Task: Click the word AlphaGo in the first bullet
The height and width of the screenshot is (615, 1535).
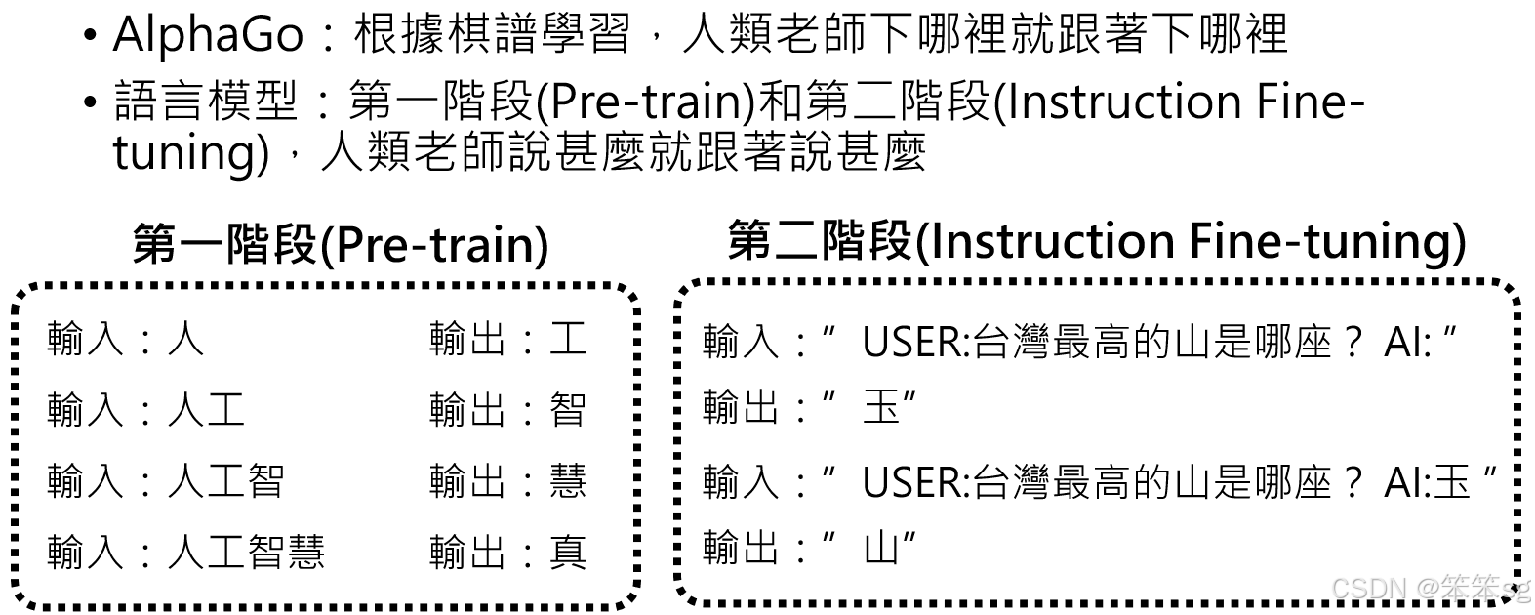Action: click(x=208, y=35)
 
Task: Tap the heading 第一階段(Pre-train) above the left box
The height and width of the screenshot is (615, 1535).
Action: click(x=340, y=244)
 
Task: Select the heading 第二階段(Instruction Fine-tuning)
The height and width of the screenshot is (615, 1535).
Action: click(x=1096, y=241)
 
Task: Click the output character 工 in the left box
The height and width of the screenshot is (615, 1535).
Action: click(x=568, y=339)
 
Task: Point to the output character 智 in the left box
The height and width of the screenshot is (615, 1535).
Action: click(x=568, y=409)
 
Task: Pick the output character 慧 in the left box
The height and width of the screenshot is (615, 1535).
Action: click(x=568, y=480)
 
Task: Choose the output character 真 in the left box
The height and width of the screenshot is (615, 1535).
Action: click(x=568, y=553)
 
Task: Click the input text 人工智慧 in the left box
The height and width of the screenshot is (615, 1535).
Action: click(x=246, y=553)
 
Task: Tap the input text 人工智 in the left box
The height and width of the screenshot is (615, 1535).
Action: click(x=225, y=480)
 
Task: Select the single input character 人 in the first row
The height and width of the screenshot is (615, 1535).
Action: click(x=185, y=339)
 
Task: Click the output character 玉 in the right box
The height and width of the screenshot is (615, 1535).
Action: click(x=881, y=406)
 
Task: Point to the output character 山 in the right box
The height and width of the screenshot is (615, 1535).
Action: click(x=881, y=549)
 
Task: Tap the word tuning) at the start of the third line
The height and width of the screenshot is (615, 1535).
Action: click(x=190, y=153)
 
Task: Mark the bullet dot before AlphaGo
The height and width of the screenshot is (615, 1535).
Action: click(x=91, y=37)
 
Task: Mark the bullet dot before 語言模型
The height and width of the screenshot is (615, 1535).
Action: click(x=91, y=102)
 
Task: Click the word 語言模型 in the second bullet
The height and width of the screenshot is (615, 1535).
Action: click(x=206, y=102)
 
